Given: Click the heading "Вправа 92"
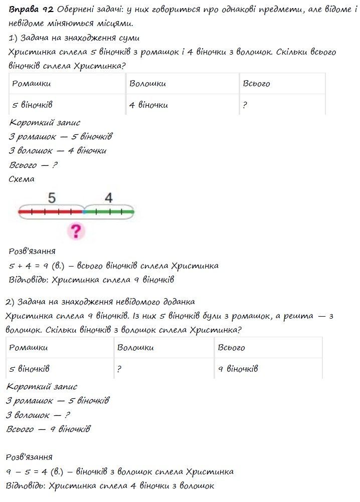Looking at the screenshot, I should (31, 9).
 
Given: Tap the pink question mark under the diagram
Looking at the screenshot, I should (75, 231).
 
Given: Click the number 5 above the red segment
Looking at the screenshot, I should (52, 198).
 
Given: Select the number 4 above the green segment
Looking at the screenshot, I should (109, 198).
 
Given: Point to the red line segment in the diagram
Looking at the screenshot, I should (50, 212).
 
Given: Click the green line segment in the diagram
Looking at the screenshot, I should (109, 212).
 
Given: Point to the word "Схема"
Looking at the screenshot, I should (22, 179).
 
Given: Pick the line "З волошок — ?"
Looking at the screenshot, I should (38, 415).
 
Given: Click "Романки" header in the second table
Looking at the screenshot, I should (29, 348).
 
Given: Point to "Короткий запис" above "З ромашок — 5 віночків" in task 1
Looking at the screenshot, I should (45, 123).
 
